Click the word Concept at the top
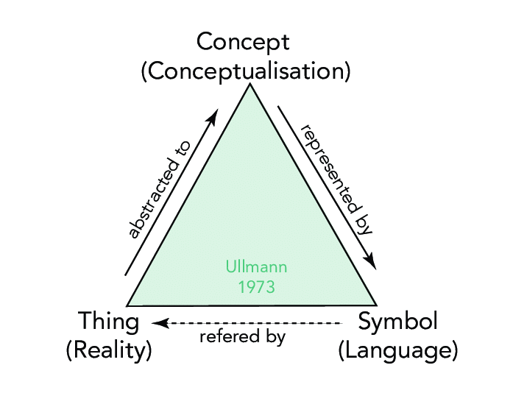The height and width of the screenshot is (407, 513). click(x=244, y=41)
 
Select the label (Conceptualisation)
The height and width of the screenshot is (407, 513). click(x=244, y=71)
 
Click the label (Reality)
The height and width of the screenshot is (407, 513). click(x=109, y=350)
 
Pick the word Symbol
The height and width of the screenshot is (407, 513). click(x=397, y=322)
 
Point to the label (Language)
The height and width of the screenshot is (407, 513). click(x=397, y=350)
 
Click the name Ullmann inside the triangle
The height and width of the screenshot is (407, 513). click(x=256, y=266)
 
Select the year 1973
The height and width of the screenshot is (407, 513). click(x=256, y=286)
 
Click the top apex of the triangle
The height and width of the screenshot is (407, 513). click(x=250, y=85)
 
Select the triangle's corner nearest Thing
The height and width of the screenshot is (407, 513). click(x=128, y=305)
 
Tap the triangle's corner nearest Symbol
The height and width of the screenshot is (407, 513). click(x=376, y=304)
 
